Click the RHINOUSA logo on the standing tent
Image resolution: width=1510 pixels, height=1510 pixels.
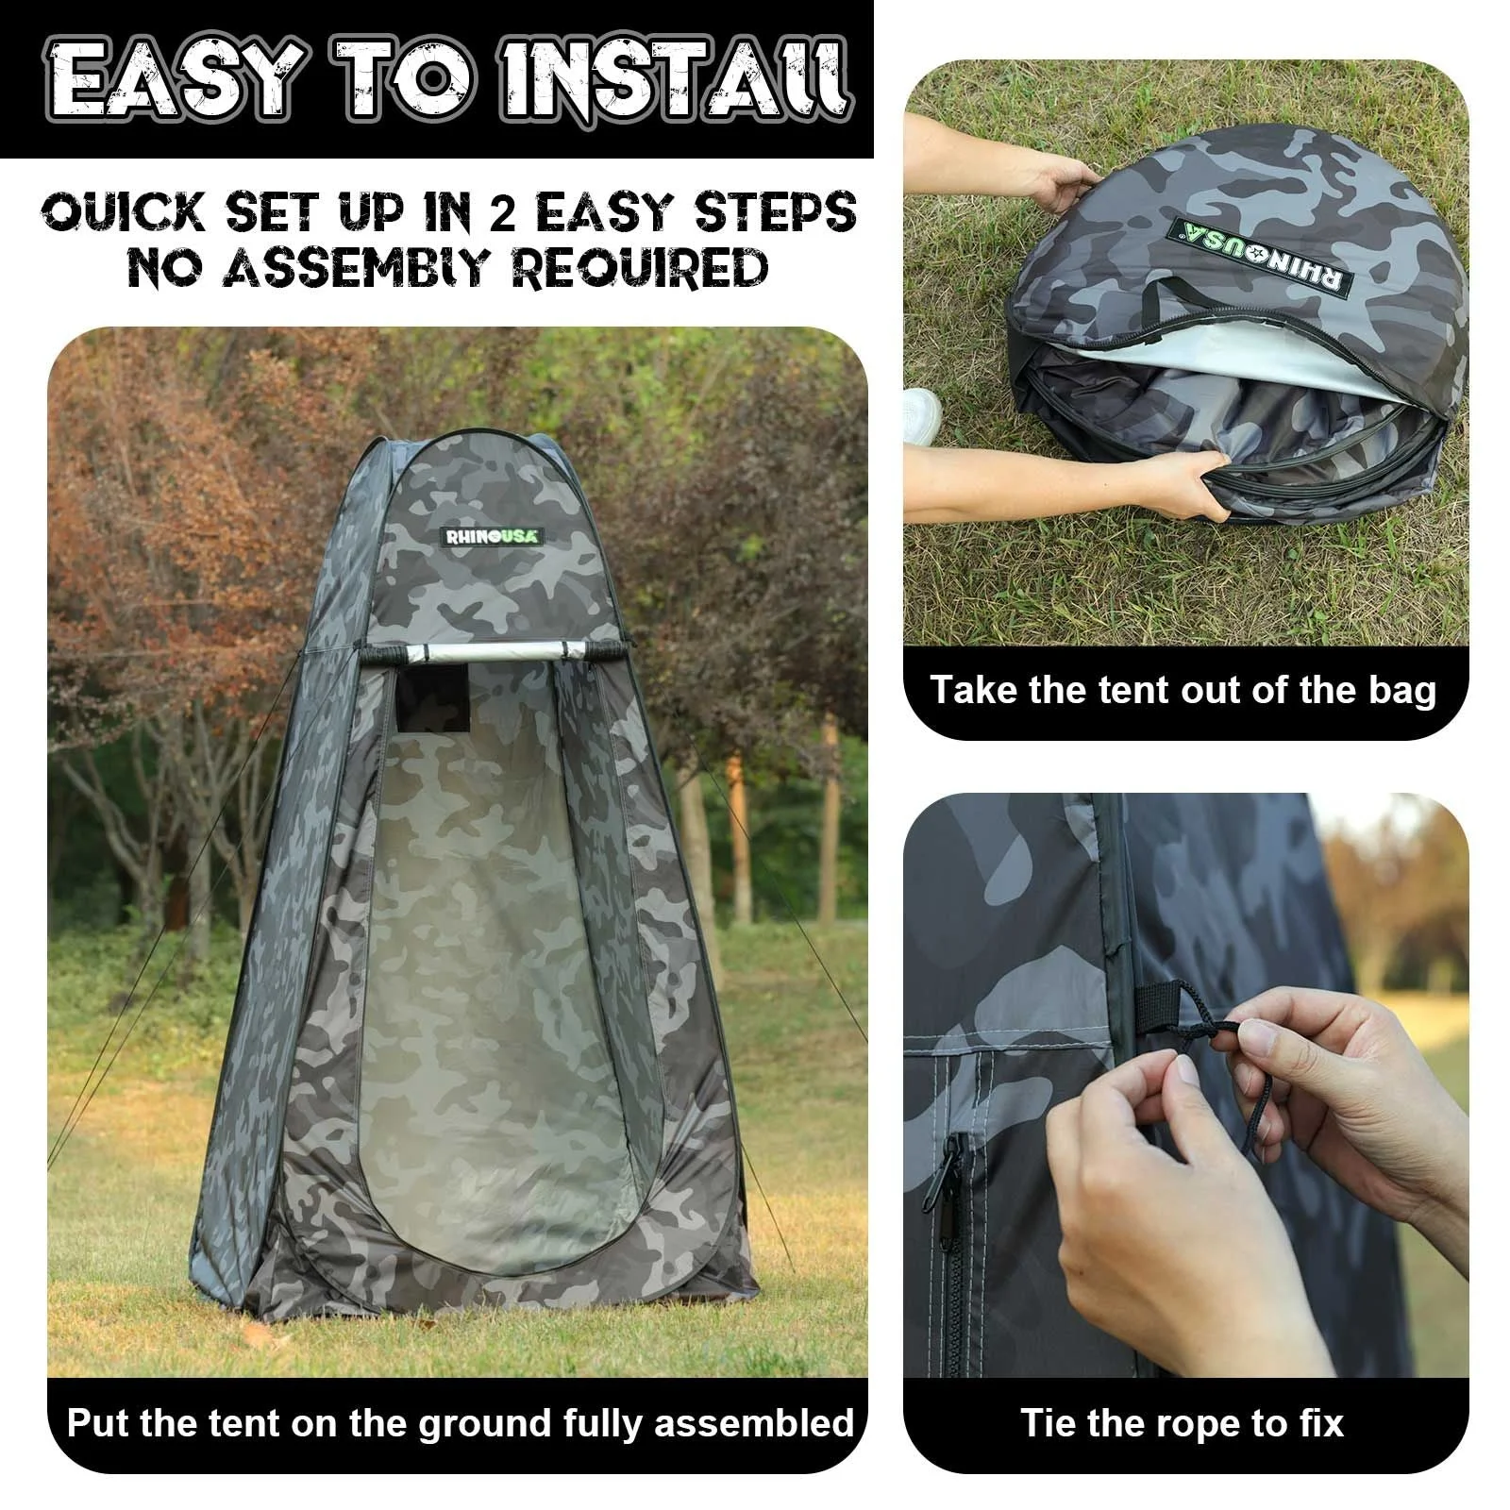(x=494, y=536)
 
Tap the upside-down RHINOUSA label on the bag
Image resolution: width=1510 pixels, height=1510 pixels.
(x=1261, y=257)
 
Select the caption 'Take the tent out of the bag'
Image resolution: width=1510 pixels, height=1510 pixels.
(x=1183, y=690)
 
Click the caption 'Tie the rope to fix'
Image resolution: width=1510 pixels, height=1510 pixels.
(x=1182, y=1421)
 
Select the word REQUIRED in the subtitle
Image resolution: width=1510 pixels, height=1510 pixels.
(x=640, y=268)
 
